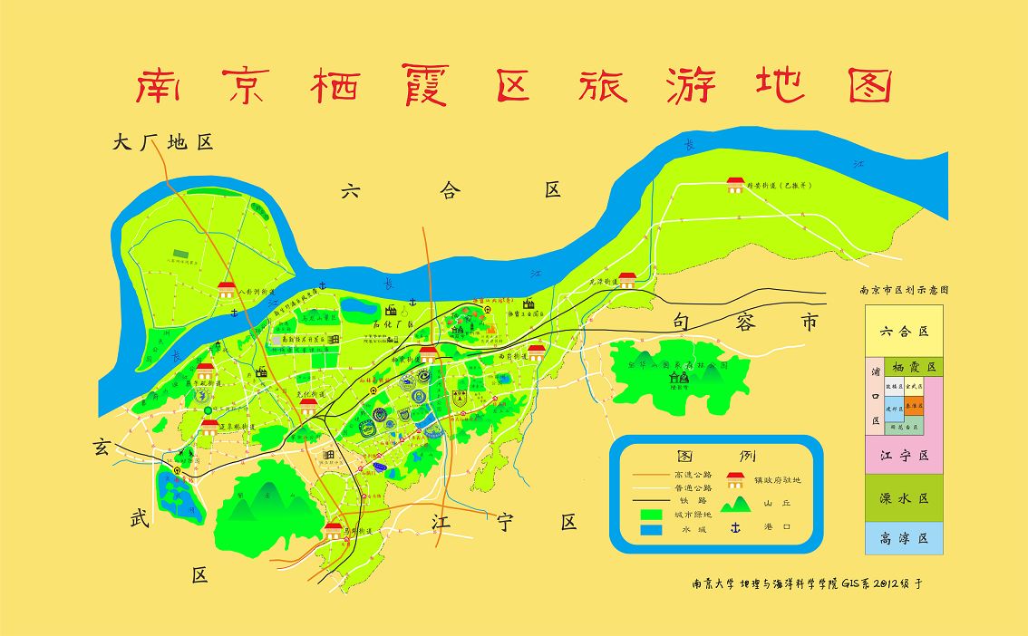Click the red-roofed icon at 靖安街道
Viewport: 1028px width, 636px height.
click(x=735, y=185)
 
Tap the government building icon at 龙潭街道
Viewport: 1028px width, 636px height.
click(x=626, y=280)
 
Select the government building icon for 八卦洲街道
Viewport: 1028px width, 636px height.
click(x=227, y=289)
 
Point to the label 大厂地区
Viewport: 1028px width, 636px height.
click(x=162, y=142)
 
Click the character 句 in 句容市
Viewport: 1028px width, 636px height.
click(x=683, y=322)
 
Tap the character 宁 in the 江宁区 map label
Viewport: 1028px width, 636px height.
click(x=504, y=522)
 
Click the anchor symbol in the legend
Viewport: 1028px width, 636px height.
click(x=735, y=527)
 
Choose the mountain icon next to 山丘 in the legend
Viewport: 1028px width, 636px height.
click(x=735, y=502)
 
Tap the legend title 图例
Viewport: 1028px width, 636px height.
click(x=716, y=455)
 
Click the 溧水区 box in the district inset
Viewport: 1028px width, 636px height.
click(x=904, y=498)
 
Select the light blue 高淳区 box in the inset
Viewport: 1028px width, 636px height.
click(x=904, y=538)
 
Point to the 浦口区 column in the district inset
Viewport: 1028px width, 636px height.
click(x=875, y=408)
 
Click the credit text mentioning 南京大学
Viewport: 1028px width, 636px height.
click(x=807, y=584)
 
